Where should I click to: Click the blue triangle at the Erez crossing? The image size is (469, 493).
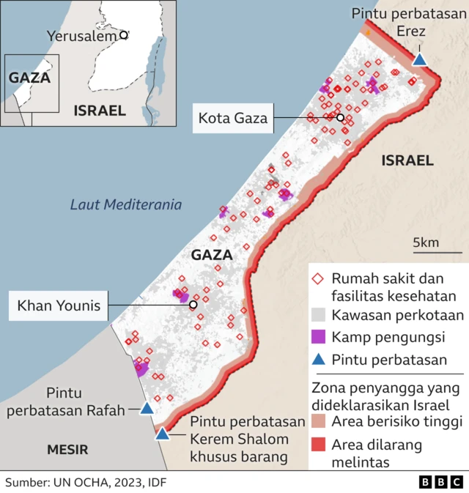click(x=419, y=59)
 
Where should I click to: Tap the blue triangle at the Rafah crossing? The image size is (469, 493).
click(x=147, y=408)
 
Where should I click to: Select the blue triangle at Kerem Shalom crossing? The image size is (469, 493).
click(x=162, y=434)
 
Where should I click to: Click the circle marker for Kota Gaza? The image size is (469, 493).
click(x=340, y=117)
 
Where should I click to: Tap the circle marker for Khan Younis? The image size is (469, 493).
click(x=193, y=305)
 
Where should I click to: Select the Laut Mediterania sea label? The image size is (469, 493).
click(x=126, y=205)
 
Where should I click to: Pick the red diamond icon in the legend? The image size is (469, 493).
click(x=317, y=279)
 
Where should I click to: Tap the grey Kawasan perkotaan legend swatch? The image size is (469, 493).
click(x=317, y=315)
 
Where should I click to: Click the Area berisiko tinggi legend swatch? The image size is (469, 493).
click(x=317, y=422)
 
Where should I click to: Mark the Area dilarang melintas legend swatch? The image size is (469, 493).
click(x=317, y=444)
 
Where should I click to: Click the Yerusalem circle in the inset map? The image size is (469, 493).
click(x=124, y=34)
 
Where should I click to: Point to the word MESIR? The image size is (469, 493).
click(x=67, y=449)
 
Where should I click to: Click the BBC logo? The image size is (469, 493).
click(x=440, y=481)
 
